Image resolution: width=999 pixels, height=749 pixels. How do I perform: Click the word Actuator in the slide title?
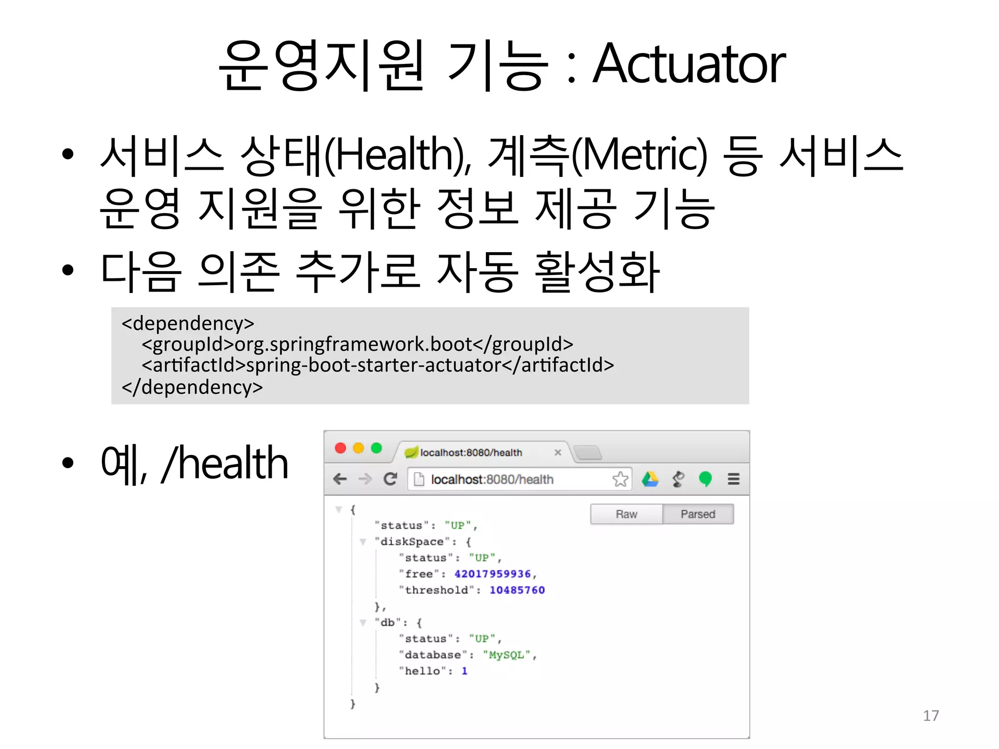(x=689, y=64)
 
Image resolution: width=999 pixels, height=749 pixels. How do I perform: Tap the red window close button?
(x=340, y=448)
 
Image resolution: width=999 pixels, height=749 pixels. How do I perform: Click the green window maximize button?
(x=376, y=448)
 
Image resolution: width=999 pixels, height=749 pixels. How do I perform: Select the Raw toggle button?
(x=626, y=514)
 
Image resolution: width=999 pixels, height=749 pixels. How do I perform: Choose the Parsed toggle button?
(x=698, y=514)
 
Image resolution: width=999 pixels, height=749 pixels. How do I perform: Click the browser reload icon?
(x=390, y=479)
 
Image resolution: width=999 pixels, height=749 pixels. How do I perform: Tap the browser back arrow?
(x=340, y=479)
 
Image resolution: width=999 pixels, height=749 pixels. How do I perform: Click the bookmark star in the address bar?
(x=620, y=479)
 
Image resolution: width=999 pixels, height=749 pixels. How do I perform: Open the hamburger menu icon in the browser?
(x=733, y=479)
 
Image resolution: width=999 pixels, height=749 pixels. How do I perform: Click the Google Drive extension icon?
(x=650, y=479)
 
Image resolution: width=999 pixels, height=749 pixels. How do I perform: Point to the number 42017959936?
(x=493, y=574)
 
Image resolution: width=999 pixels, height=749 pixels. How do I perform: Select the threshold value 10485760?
(x=517, y=590)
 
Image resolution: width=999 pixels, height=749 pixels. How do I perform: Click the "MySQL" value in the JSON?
(x=506, y=655)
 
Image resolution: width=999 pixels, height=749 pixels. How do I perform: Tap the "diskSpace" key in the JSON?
(x=412, y=542)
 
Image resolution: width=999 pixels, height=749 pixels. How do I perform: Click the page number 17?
(x=931, y=715)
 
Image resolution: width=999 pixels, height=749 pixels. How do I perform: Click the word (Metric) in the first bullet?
(x=639, y=155)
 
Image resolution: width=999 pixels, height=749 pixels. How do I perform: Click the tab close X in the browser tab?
(x=558, y=453)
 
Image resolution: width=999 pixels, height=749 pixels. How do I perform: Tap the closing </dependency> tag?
(x=192, y=387)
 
